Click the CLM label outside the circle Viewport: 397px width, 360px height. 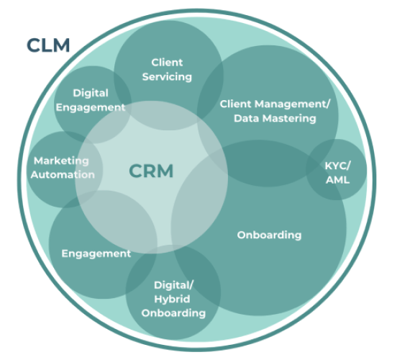(x=48, y=45)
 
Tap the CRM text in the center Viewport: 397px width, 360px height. (x=152, y=171)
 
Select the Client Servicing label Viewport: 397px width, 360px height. (x=167, y=69)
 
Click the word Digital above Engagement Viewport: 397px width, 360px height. (x=91, y=93)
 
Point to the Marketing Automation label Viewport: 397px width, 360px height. (x=63, y=167)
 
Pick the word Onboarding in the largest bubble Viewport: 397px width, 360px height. (x=269, y=235)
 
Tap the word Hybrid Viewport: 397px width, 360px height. (x=173, y=298)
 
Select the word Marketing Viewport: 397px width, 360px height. (x=61, y=161)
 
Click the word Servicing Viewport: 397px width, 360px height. (x=167, y=76)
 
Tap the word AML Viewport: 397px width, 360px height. (x=337, y=179)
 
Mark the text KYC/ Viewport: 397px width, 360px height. (x=337, y=165)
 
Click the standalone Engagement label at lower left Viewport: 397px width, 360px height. (x=96, y=253)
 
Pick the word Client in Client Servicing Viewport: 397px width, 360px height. (x=167, y=63)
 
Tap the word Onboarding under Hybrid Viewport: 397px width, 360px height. (x=173, y=312)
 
